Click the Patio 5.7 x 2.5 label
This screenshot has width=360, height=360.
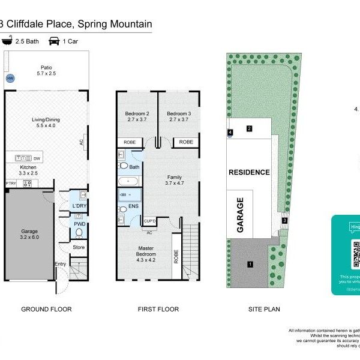click(46, 71)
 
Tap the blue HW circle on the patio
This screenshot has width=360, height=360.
click(10, 79)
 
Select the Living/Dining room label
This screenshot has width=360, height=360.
click(46, 123)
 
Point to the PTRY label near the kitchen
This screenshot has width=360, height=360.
click(10, 184)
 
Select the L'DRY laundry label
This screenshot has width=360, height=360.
click(79, 206)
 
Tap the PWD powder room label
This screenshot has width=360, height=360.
click(79, 224)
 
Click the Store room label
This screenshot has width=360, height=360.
click(79, 247)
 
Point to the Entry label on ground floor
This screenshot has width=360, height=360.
click(61, 263)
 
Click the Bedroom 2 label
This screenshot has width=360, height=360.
click(137, 116)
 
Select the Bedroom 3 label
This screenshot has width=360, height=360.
click(179, 116)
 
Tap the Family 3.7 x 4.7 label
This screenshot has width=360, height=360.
click(174, 181)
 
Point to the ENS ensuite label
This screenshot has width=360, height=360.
click(134, 206)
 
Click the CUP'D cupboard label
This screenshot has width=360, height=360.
click(150, 221)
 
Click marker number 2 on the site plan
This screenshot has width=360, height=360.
click(249, 128)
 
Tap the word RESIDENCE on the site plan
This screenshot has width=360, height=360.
click(249, 172)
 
